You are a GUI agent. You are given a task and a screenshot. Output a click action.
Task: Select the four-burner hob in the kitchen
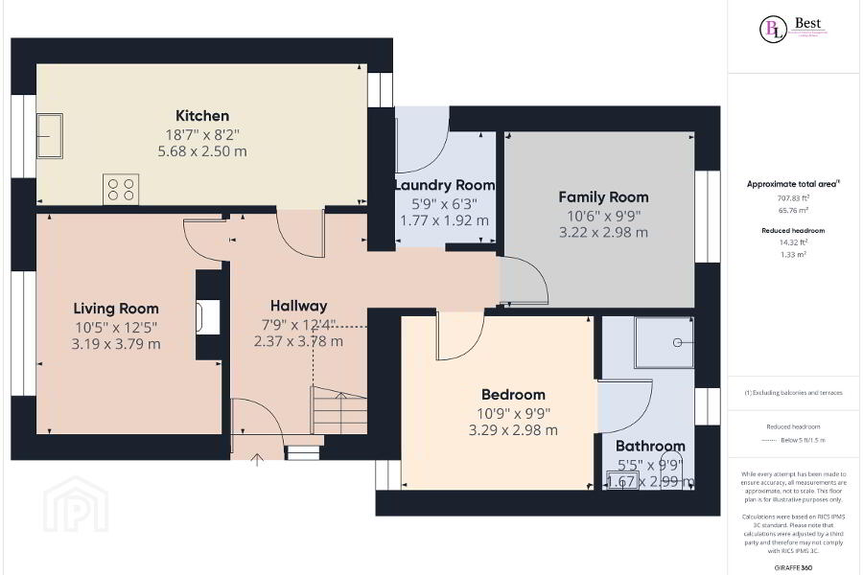[121, 189]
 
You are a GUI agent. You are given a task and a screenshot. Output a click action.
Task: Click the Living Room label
[116, 309]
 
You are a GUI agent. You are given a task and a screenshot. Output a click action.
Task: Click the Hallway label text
[298, 306]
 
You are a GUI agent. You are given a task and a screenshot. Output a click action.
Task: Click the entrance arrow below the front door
[256, 460]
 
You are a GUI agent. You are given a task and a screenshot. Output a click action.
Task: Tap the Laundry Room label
[444, 185]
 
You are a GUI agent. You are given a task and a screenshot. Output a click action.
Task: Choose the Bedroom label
[513, 395]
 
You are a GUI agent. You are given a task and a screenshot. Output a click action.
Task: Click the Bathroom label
[650, 446]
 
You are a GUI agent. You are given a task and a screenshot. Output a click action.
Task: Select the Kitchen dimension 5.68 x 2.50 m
[201, 150]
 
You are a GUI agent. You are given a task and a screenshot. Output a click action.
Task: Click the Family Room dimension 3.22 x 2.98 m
[603, 232]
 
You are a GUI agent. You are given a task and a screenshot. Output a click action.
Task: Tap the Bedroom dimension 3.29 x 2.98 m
[513, 429]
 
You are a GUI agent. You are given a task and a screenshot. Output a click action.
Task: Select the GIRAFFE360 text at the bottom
[793, 568]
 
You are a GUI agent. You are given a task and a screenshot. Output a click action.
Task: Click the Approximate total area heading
[793, 183]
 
